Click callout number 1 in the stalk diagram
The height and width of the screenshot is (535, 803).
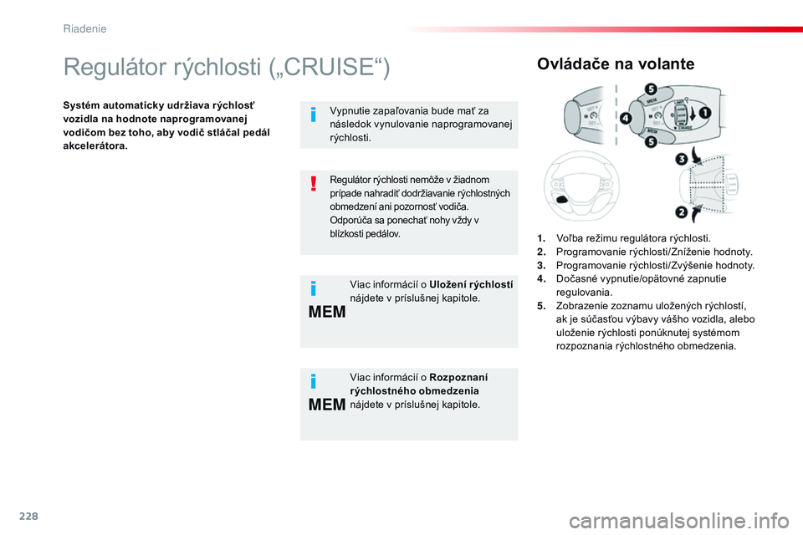tap(705, 113)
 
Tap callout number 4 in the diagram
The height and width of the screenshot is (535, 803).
tap(627, 118)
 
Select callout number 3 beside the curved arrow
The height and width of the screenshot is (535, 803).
tap(682, 159)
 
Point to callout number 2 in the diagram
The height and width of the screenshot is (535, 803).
tap(681, 213)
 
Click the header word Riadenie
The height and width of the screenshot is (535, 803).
tap(84, 28)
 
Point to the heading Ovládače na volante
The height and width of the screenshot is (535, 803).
tap(616, 64)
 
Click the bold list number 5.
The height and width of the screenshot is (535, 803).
tap(543, 306)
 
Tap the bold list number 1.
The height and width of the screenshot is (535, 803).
tap(543, 237)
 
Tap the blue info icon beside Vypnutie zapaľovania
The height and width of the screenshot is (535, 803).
tap(313, 114)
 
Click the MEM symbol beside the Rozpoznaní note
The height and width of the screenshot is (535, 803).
tap(327, 405)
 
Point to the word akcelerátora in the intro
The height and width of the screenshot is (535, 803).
tap(94, 145)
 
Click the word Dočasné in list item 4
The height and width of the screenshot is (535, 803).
tap(574, 278)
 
